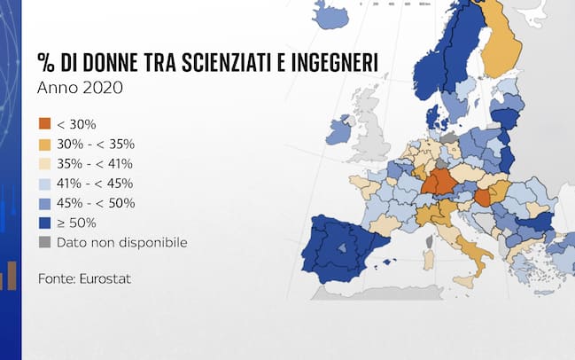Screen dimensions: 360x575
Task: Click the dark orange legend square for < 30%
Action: click(x=43, y=124)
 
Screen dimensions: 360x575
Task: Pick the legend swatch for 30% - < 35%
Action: click(x=43, y=144)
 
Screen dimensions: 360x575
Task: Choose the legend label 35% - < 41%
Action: click(x=95, y=163)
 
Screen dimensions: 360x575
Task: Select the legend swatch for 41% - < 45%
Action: click(x=43, y=184)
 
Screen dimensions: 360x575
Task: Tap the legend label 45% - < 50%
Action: click(x=95, y=203)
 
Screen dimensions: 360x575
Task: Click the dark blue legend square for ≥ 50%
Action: click(x=43, y=223)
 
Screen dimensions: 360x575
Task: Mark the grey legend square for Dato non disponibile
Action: click(x=43, y=242)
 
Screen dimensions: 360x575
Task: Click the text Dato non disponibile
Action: click(x=121, y=242)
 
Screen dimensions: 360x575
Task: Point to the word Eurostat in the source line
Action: click(x=105, y=278)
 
